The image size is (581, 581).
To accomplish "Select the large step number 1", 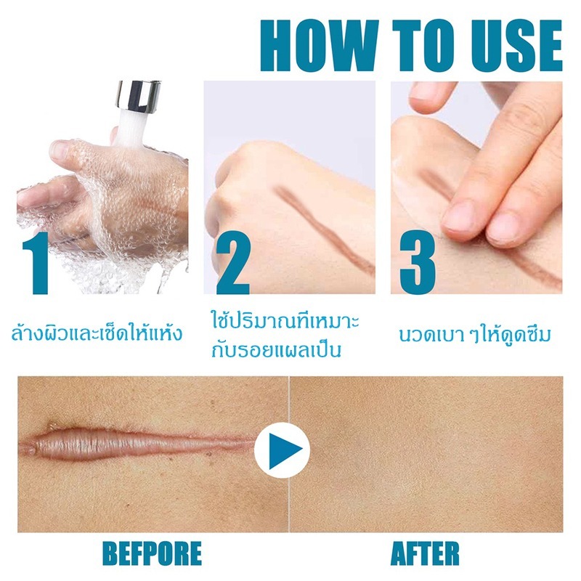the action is (x=36, y=263).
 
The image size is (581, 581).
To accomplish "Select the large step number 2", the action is (x=232, y=263).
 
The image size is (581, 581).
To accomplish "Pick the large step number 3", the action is (x=417, y=262).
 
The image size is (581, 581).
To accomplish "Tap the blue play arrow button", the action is (x=283, y=450).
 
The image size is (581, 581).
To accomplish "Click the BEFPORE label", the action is (x=152, y=553).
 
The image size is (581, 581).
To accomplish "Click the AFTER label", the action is (x=425, y=553).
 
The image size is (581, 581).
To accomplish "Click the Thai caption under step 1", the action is (x=97, y=332).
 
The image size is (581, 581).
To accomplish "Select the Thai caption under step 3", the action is (x=476, y=334).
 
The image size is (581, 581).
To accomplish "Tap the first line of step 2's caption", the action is (x=285, y=321).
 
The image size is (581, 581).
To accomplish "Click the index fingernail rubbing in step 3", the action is (x=460, y=219).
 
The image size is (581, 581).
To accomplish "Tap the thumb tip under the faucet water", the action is (x=60, y=150).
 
